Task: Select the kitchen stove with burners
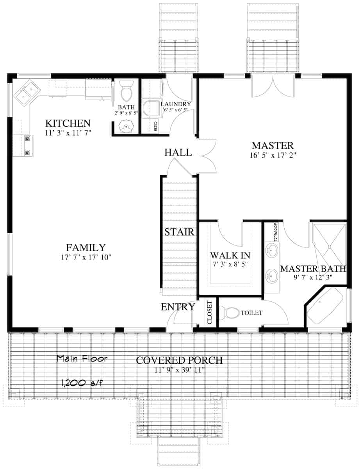coord(28,145)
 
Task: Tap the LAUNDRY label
coord(176,104)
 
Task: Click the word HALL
coord(178,152)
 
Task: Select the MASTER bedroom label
coord(272,146)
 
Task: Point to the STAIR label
coord(179,232)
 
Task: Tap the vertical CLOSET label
coord(209,313)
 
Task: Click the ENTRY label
coord(178,307)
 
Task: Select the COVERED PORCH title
coord(179,360)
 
